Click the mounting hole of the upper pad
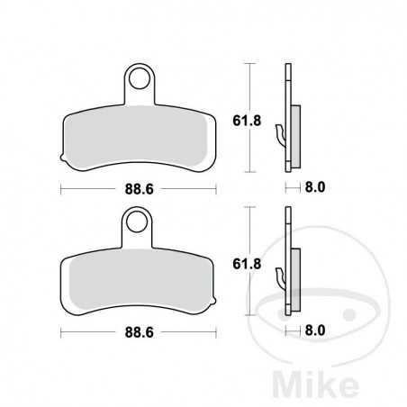(x=138, y=80)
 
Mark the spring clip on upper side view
(x=283, y=135)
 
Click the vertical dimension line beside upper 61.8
(x=250, y=95)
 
